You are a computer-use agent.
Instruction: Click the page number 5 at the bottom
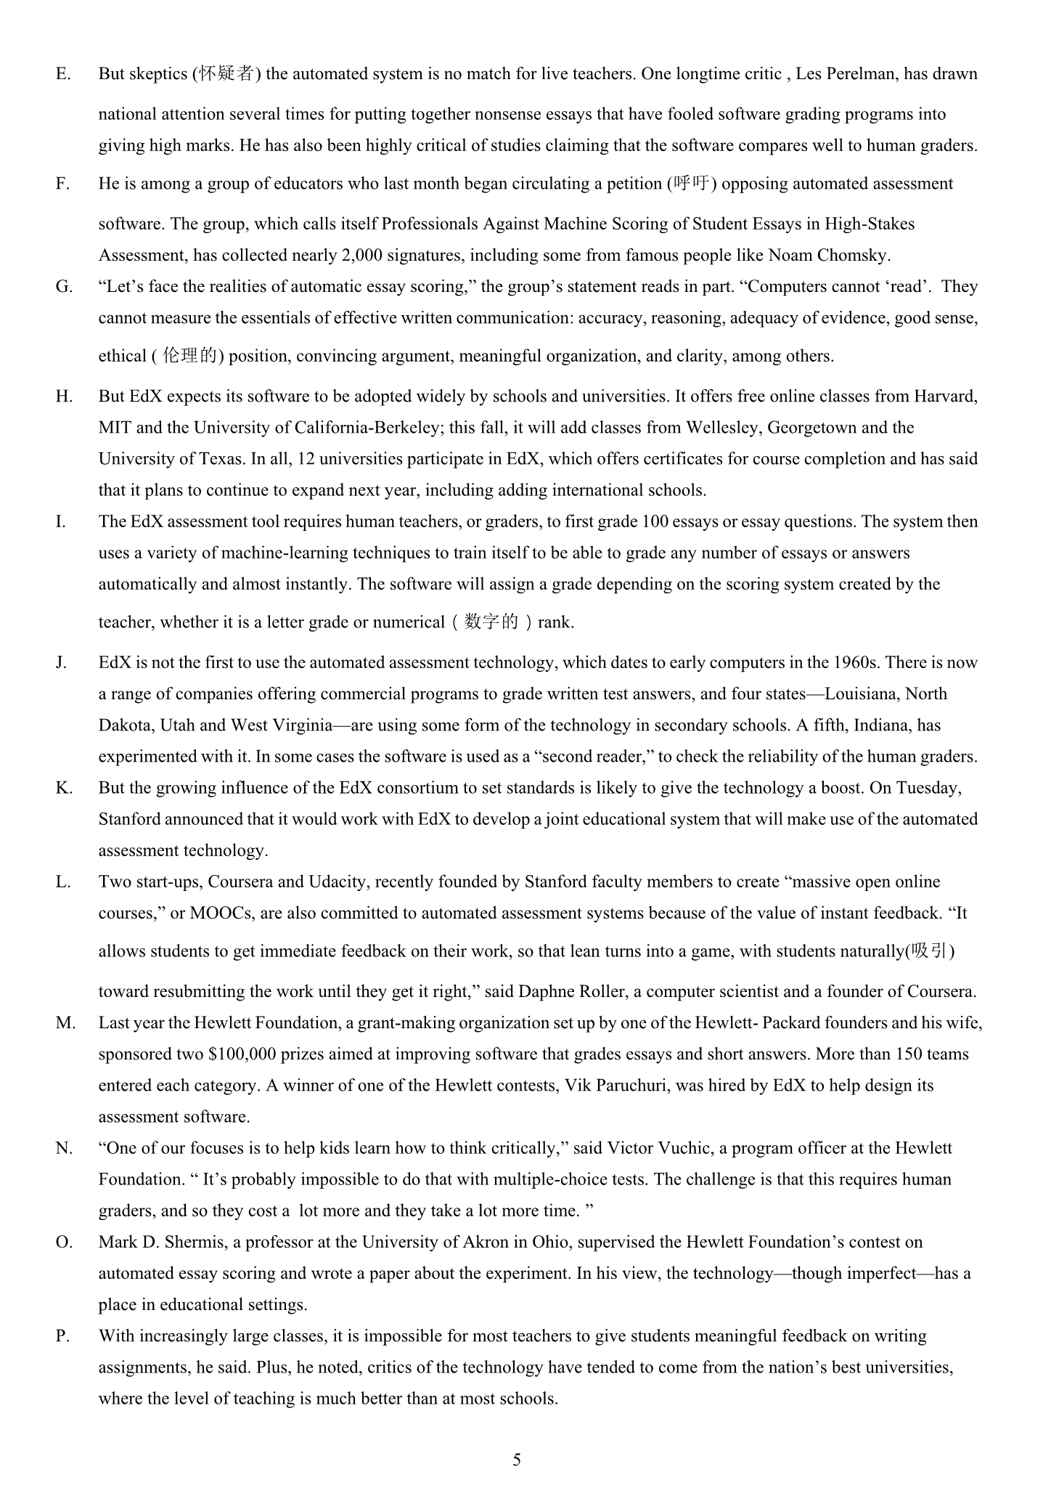pyautogui.click(x=517, y=1460)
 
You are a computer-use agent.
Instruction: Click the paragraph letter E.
pyautogui.click(x=62, y=74)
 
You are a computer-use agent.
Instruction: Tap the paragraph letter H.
pyautogui.click(x=64, y=396)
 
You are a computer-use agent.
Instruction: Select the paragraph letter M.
pyautogui.click(x=65, y=1023)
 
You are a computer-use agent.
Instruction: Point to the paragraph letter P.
pyautogui.click(x=62, y=1336)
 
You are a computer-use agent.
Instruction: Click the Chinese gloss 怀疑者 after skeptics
pyautogui.click(x=226, y=74)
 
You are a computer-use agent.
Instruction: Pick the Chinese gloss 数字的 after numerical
pyautogui.click(x=492, y=622)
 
